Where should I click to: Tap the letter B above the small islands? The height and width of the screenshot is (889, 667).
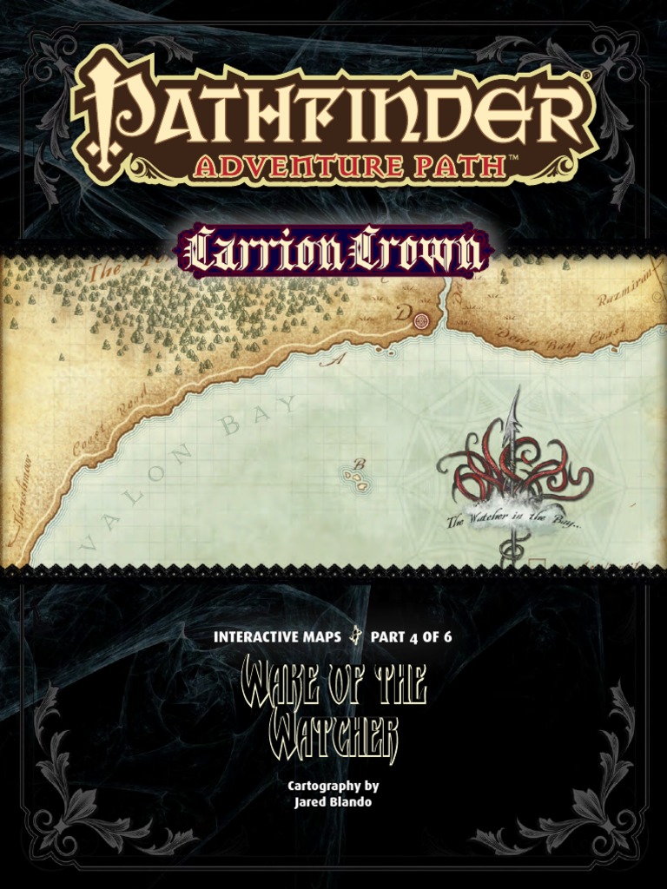(x=359, y=464)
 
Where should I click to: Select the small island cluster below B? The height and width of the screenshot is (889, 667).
(x=357, y=478)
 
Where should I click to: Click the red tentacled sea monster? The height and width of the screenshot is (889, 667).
(x=512, y=473)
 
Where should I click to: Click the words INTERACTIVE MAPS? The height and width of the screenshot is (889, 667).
(x=276, y=636)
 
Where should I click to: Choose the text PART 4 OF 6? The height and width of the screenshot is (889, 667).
(x=411, y=636)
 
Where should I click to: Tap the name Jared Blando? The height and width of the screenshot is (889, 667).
(x=333, y=800)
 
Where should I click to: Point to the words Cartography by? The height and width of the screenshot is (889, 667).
(x=333, y=786)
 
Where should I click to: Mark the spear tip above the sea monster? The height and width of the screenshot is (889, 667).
(x=518, y=395)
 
